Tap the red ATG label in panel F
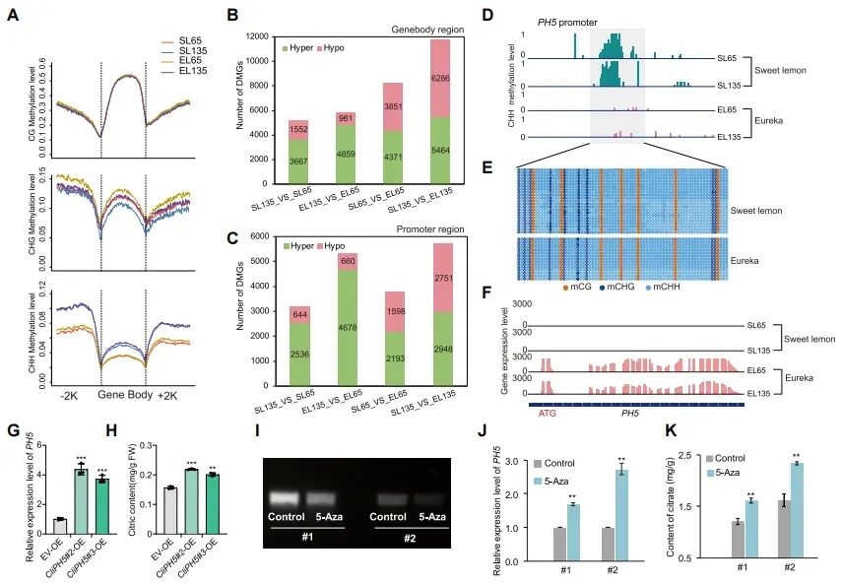point(548,414)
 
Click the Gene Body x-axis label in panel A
point(124,397)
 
